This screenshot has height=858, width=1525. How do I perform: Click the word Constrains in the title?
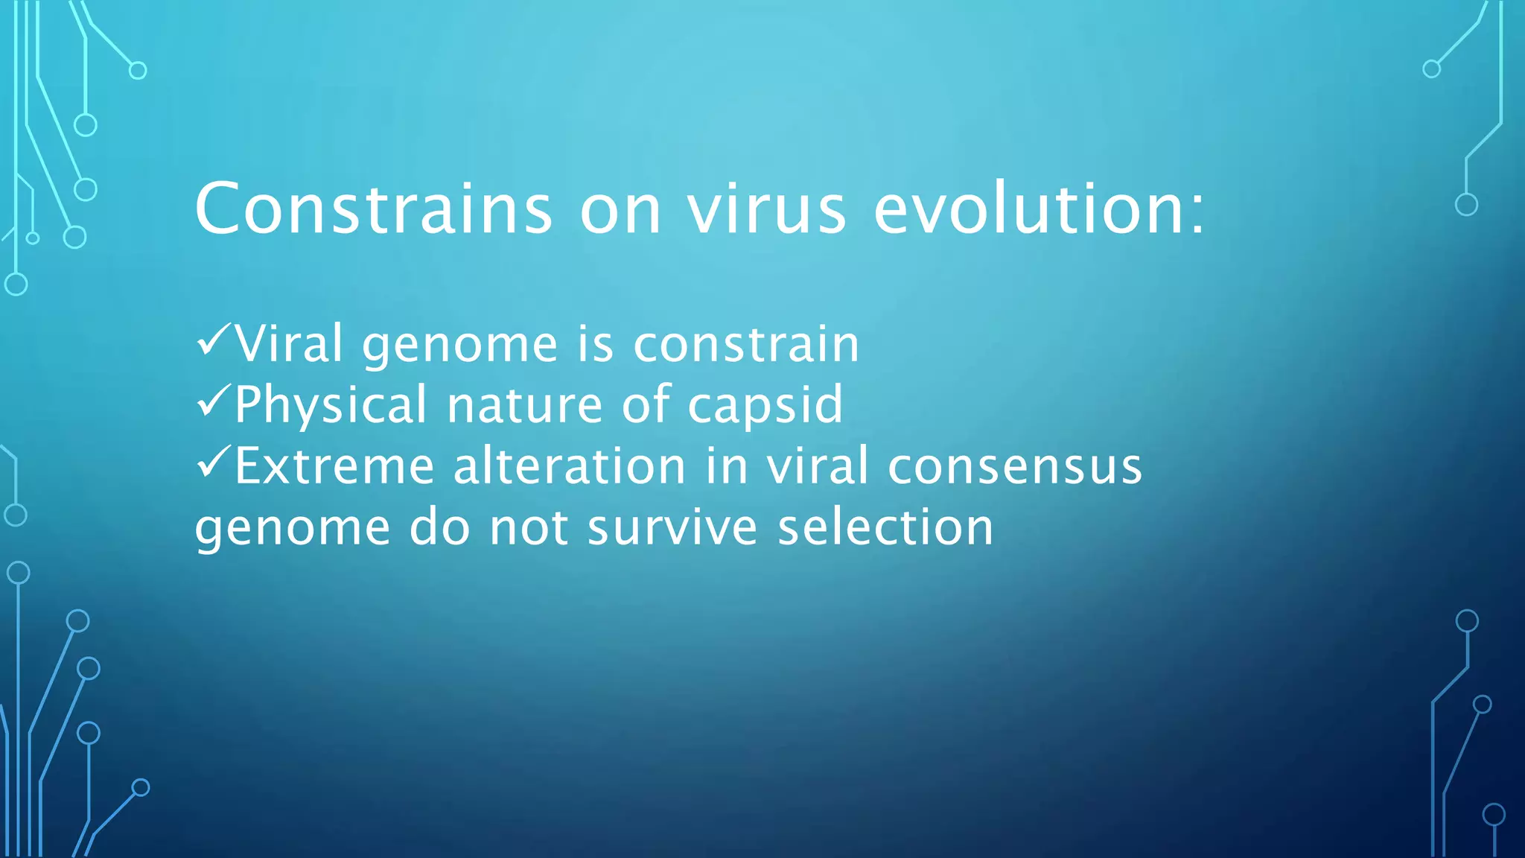click(373, 209)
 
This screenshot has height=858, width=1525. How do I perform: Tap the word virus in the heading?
click(766, 209)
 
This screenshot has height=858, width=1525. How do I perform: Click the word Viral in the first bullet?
click(290, 343)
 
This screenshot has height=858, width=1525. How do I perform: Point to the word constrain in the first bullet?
click(746, 345)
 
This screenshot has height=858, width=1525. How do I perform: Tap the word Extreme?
click(334, 467)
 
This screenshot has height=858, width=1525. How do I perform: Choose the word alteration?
click(570, 467)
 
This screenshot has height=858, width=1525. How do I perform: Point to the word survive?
click(672, 528)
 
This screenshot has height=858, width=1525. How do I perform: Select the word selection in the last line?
click(885, 528)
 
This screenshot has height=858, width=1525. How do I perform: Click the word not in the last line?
click(529, 528)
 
